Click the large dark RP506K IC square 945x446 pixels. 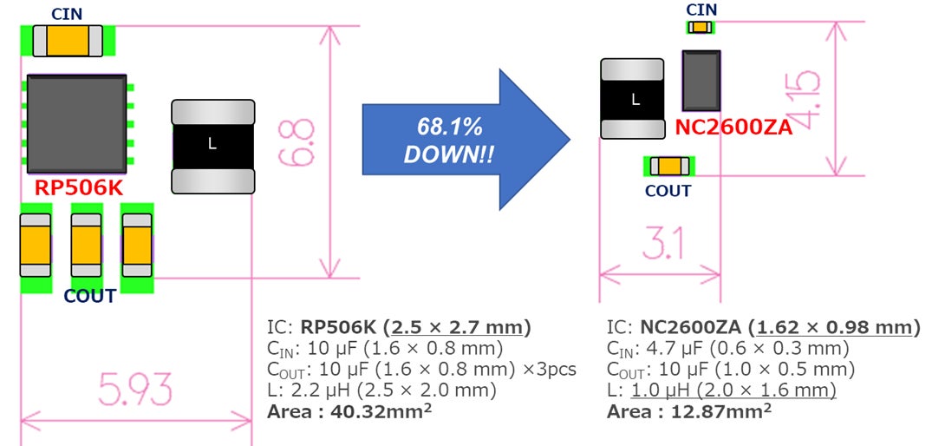pyautogui.click(x=76, y=123)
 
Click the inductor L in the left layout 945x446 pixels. pyautogui.click(x=213, y=146)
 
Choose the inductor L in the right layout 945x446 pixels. pyautogui.click(x=633, y=98)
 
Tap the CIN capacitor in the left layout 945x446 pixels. pyautogui.click(x=68, y=40)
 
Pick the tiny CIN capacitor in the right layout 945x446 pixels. pyautogui.click(x=701, y=28)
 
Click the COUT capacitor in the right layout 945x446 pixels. pyautogui.click(x=669, y=166)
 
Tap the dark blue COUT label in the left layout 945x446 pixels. pyautogui.click(x=89, y=296)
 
